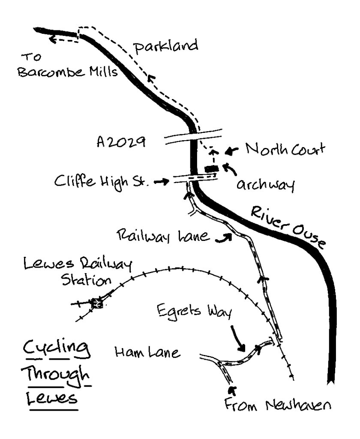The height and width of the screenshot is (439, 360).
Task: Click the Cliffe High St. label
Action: pos(101,181)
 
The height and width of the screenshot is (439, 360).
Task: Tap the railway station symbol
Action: pos(97,303)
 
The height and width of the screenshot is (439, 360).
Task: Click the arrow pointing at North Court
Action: pos(232,151)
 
